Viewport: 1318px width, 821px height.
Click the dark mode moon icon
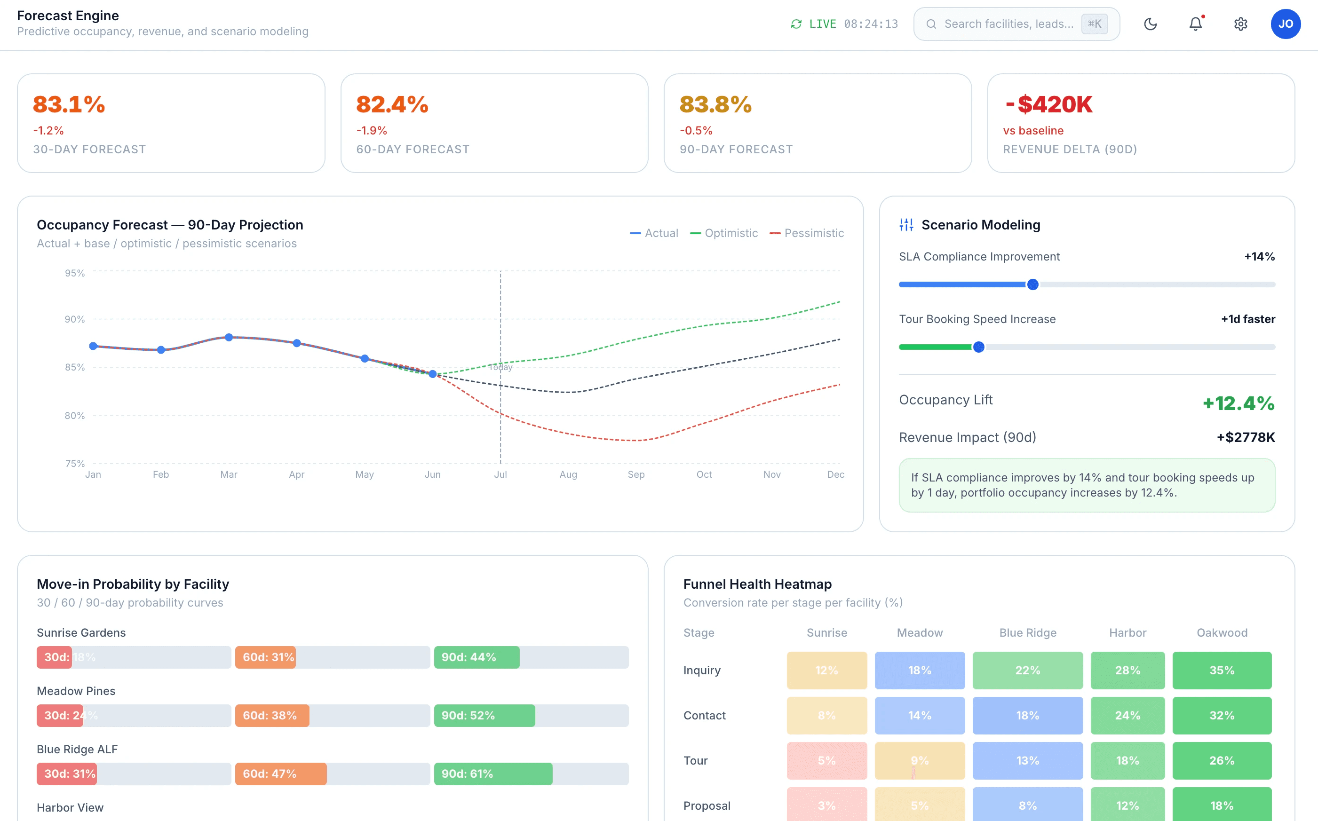point(1150,24)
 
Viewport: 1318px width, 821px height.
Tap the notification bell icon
point(1195,24)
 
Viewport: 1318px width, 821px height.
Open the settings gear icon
point(1240,24)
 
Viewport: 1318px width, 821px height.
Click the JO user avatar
point(1286,24)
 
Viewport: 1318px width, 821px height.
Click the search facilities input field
point(1008,24)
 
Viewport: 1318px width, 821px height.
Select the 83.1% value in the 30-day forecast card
point(69,104)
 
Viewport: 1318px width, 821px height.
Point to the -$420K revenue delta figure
point(1048,104)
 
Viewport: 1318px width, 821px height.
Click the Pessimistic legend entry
point(807,233)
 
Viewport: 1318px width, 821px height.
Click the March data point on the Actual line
point(229,337)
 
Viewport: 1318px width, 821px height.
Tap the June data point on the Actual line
point(432,373)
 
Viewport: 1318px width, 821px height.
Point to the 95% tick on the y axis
point(75,273)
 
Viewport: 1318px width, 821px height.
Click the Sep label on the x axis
point(636,474)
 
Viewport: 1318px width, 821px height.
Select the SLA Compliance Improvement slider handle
point(1032,284)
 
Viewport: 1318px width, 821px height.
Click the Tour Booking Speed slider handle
point(978,347)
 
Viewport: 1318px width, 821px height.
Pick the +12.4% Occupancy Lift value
point(1238,403)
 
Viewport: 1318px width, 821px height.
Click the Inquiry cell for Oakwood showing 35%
point(1221,671)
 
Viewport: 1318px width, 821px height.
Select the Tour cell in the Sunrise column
point(826,761)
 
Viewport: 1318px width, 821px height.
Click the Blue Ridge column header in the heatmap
point(1027,632)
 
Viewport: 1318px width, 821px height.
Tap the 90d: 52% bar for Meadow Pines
point(484,716)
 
